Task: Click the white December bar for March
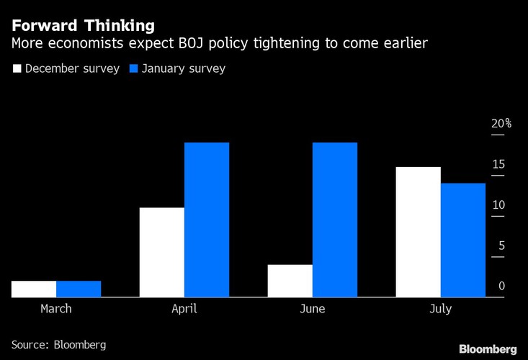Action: pos(34,289)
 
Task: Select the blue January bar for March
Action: pos(79,289)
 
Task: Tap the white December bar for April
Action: pos(161,252)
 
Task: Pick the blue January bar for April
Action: pos(207,220)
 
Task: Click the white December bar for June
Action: pos(290,281)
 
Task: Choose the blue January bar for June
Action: pos(334,220)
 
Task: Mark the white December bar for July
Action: pos(418,232)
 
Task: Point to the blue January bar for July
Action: pos(462,240)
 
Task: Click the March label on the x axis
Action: pos(56,309)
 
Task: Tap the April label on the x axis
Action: pos(184,309)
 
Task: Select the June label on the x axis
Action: pos(312,309)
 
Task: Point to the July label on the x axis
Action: pos(440,309)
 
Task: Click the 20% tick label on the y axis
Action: pos(501,124)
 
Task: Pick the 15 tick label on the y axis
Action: pos(498,165)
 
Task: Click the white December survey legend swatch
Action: pos(17,69)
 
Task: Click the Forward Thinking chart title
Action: pos(83,26)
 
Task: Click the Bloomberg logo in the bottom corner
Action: pos(488,348)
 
